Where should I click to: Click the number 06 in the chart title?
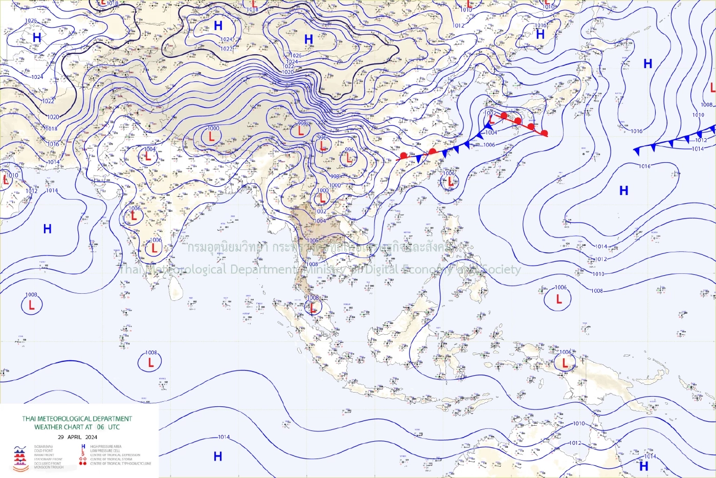click(100, 427)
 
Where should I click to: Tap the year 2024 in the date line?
click(91, 437)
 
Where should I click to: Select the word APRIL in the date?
click(75, 437)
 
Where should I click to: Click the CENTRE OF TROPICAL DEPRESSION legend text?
click(115, 455)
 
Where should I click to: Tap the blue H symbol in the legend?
click(83, 446)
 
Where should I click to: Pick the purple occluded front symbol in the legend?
click(20, 463)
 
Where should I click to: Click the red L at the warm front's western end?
click(490, 119)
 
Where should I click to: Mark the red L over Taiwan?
click(450, 181)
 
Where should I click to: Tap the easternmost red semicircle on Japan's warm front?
click(544, 134)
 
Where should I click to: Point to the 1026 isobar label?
click(295, 55)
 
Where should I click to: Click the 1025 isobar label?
click(31, 21)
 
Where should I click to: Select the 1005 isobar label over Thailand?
click(312, 241)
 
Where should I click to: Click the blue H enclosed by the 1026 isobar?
click(308, 39)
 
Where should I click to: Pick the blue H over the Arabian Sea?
click(48, 229)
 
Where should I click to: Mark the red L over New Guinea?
click(565, 362)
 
